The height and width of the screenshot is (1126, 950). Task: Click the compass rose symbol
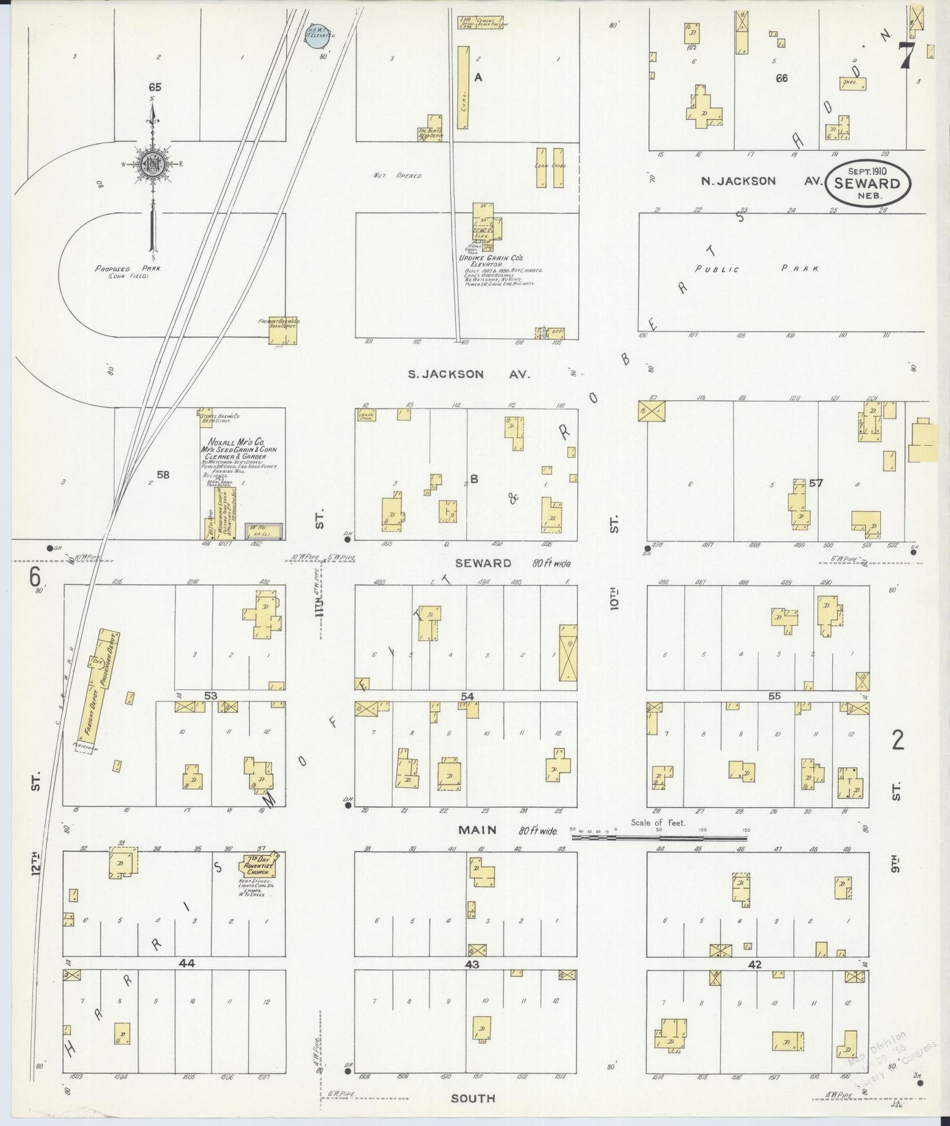tap(153, 164)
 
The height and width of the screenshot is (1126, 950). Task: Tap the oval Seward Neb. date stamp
tap(867, 183)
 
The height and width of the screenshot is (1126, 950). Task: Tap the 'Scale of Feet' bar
tap(659, 838)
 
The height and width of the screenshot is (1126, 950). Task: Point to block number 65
tap(155, 87)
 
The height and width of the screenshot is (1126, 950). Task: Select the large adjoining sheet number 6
tap(34, 577)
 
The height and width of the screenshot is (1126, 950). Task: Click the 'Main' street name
tap(477, 830)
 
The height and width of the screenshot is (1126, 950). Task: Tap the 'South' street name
tap(473, 1098)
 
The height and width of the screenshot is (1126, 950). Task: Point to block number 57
tap(816, 483)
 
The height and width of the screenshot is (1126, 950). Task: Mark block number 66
tap(781, 78)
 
